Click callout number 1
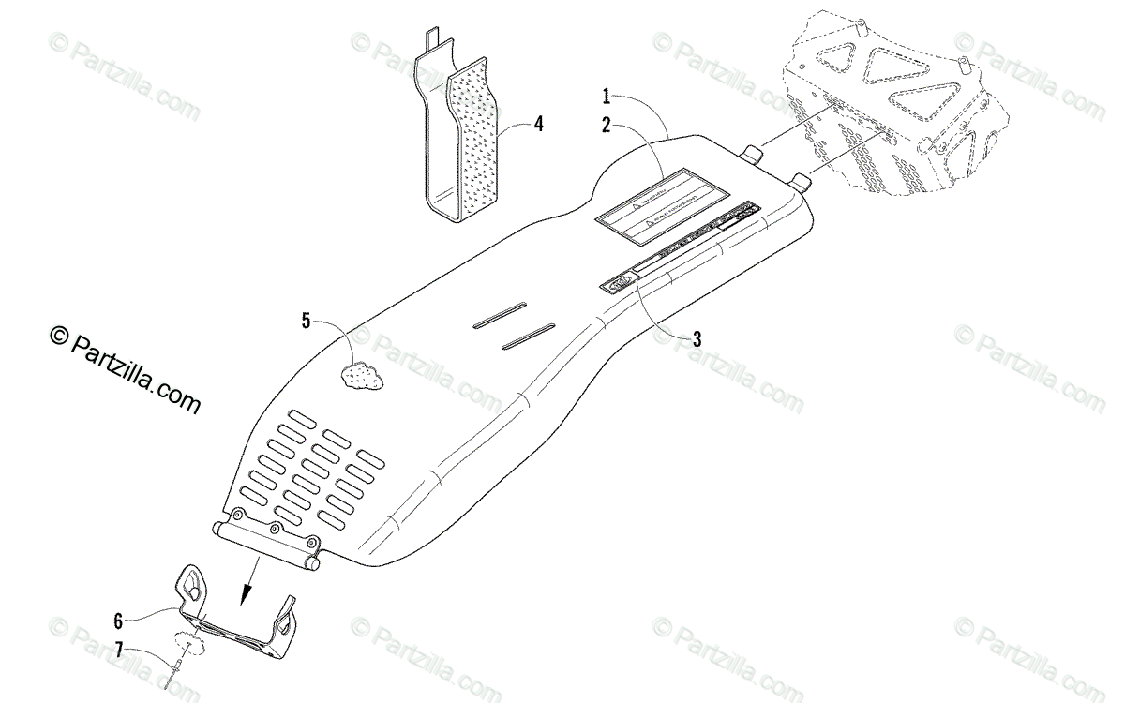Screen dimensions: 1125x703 607,95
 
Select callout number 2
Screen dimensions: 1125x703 607,123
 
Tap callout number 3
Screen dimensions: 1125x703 697,339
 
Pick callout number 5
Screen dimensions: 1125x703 307,321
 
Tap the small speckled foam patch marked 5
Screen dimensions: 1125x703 364,375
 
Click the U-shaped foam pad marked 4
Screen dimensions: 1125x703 469,141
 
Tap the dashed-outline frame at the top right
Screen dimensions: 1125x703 900,103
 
